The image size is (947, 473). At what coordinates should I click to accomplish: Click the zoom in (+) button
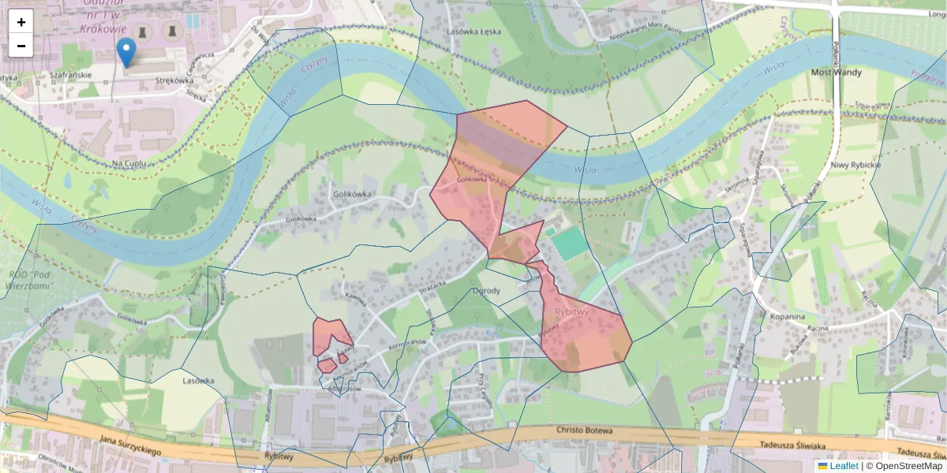21,22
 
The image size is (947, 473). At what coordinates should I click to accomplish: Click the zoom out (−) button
21,46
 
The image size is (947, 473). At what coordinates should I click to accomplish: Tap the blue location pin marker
125,53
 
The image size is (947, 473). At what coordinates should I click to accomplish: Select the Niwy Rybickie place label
855,165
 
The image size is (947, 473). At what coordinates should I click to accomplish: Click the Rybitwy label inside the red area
571,312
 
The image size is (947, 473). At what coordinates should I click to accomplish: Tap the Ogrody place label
486,291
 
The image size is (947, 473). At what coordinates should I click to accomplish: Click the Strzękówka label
174,80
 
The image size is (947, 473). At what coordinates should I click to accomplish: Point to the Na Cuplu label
131,163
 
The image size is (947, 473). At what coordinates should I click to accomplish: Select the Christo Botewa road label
585,430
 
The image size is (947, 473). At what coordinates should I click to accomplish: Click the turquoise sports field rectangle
570,244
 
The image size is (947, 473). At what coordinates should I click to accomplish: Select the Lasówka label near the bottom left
199,381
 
